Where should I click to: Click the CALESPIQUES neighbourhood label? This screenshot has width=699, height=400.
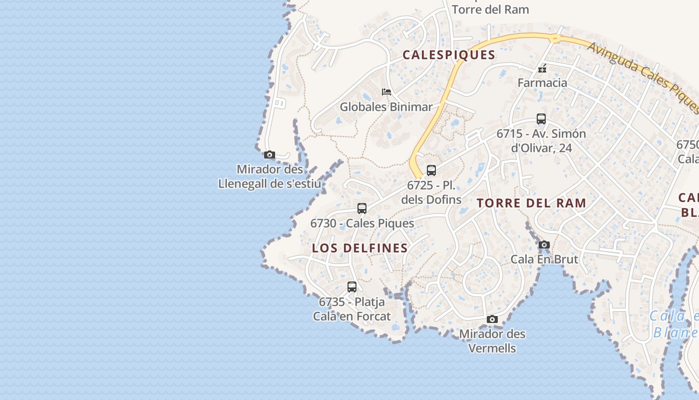coord(449,55)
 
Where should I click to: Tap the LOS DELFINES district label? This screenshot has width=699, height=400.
coord(360,248)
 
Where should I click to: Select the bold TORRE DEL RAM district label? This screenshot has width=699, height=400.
coord(531,203)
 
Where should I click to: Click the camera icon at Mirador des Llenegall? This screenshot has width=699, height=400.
coord(270,155)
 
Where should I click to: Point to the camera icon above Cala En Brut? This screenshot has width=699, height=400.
coord(544,245)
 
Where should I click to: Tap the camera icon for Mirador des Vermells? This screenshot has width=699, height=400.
coord(492,319)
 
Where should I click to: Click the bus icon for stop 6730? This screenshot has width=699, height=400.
coord(362,208)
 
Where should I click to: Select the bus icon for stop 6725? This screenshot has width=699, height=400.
coord(431,170)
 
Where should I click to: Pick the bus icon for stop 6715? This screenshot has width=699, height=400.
coord(541,119)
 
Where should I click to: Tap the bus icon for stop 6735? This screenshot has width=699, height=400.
coord(352,287)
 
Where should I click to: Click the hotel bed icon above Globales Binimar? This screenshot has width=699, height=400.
coord(386,92)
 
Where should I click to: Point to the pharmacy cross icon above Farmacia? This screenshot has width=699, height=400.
coord(542,69)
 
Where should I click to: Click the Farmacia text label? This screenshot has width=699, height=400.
coord(542,82)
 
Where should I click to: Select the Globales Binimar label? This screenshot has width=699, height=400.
coord(386,106)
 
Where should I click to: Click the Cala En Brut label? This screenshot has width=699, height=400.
coord(544,259)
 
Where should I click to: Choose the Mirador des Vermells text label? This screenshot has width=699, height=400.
coord(492,340)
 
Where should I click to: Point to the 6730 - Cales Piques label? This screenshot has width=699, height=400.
coord(362,223)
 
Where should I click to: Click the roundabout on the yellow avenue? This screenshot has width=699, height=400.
coord(554,37)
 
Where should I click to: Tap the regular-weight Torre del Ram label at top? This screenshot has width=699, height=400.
coord(490,9)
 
